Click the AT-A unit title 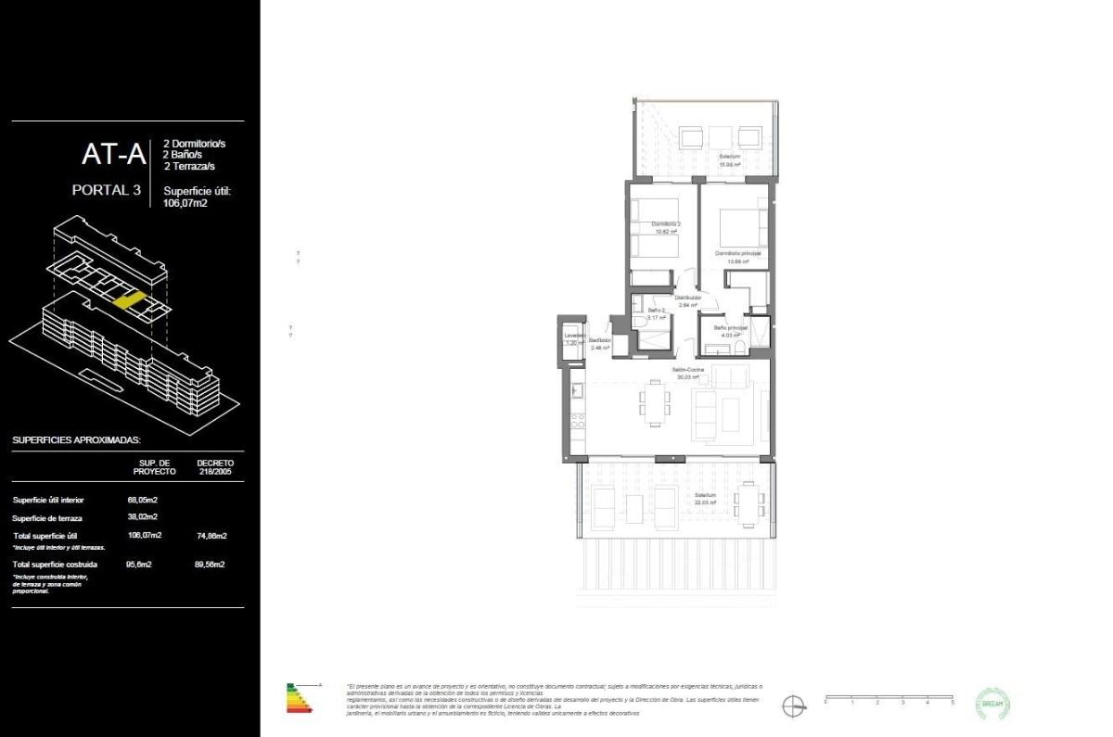[x=113, y=155]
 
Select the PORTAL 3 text [x=106, y=191]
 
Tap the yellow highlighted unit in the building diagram [x=129, y=299]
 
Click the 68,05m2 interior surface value [x=142, y=499]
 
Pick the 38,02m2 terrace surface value [x=142, y=517]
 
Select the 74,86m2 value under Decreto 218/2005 [x=211, y=536]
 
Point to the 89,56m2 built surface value [x=211, y=564]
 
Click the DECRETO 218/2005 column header [x=215, y=466]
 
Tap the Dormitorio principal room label [x=738, y=253]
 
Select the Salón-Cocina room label [x=688, y=371]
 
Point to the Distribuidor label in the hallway [x=687, y=298]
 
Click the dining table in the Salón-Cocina [x=655, y=403]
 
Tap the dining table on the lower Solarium [x=749, y=502]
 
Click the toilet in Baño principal [x=740, y=348]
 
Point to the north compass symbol [x=793, y=705]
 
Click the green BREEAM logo [x=993, y=704]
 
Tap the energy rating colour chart [x=300, y=698]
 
